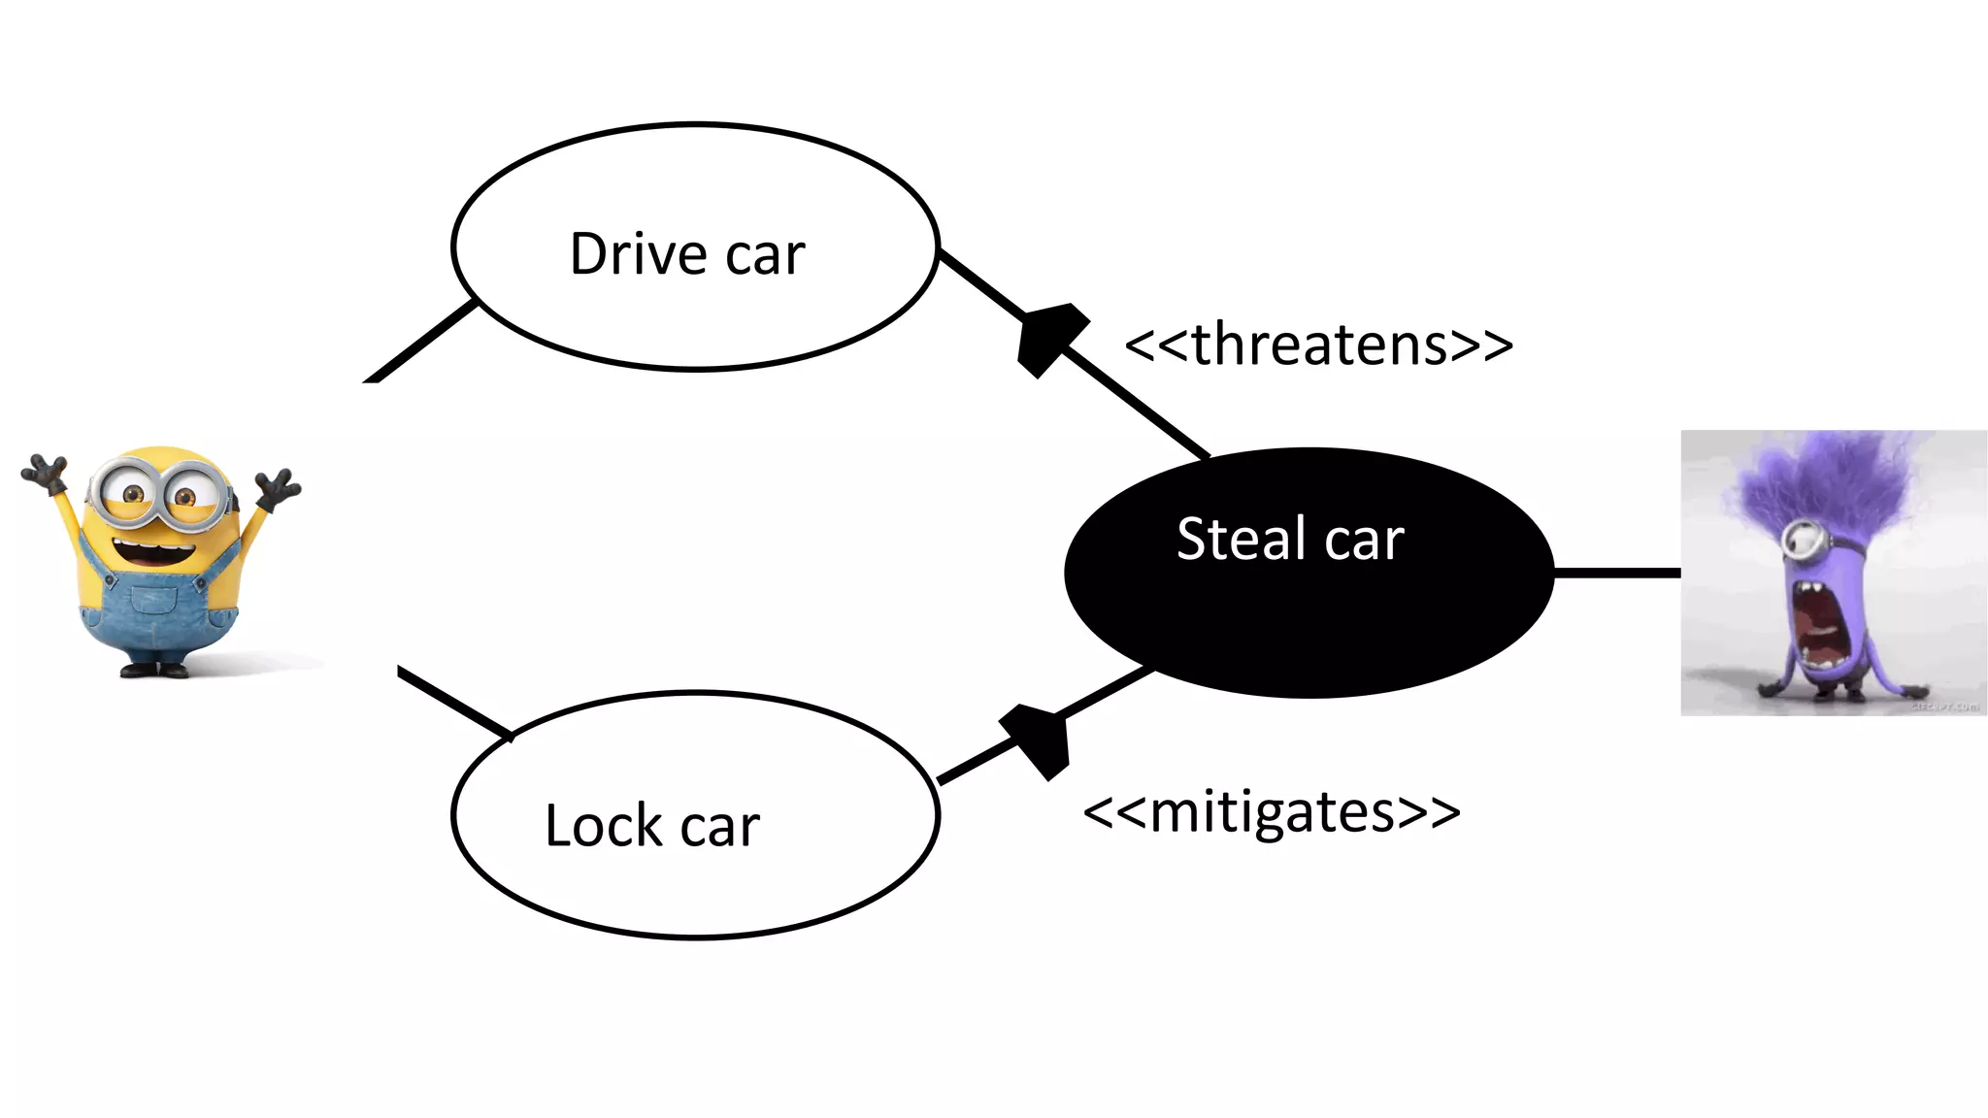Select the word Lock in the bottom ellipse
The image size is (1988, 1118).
click(x=603, y=826)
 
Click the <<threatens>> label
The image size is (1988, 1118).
click(x=1318, y=345)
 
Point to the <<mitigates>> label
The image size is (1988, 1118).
click(x=1271, y=812)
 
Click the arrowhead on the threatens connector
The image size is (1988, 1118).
click(x=1048, y=337)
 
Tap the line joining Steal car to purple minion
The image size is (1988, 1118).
click(x=1616, y=573)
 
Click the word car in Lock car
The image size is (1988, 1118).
click(x=719, y=828)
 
